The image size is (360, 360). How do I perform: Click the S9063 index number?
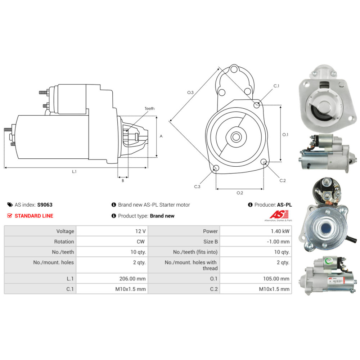tap(45, 205)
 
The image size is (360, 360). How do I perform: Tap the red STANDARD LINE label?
tap(33, 216)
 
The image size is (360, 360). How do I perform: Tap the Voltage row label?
tap(65, 231)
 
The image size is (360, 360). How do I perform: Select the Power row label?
tap(210, 231)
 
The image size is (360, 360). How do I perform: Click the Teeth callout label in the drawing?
tap(149, 108)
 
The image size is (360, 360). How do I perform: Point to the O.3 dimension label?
tap(190, 93)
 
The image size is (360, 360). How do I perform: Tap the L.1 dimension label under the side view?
tap(74, 172)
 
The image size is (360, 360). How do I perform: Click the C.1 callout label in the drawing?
tap(276, 86)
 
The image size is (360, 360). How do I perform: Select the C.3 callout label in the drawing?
tap(197, 186)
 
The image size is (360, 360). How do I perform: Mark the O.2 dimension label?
tap(240, 193)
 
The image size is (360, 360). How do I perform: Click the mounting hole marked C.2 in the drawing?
tap(264, 162)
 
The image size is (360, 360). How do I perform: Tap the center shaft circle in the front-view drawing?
tap(237, 137)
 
